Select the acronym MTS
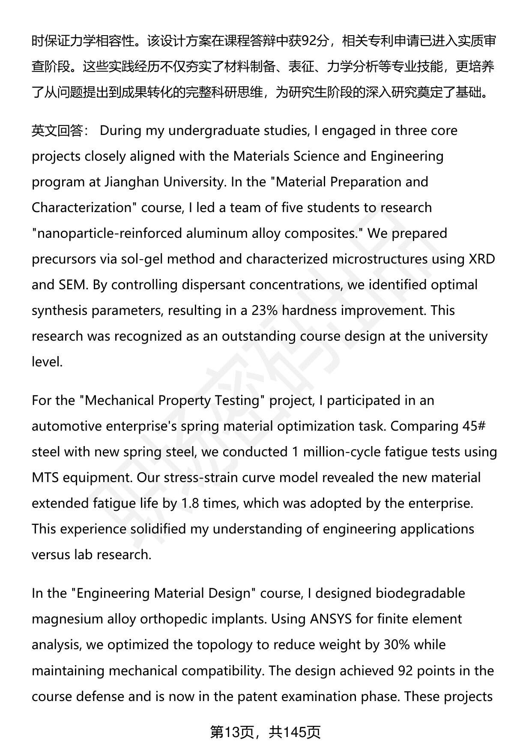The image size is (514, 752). coord(45,478)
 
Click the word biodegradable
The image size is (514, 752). coord(420,593)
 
